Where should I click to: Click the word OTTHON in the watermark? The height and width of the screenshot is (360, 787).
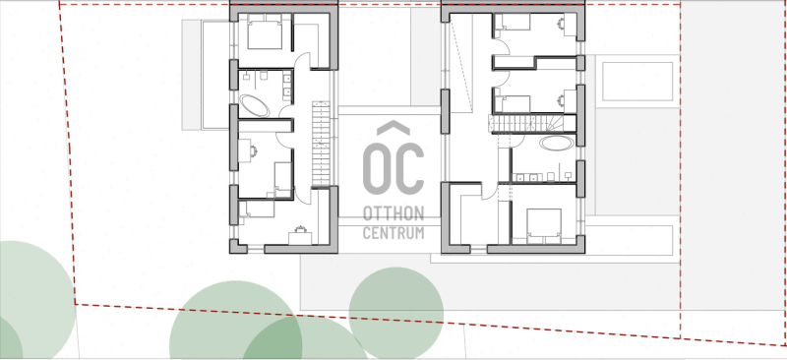pos(393,213)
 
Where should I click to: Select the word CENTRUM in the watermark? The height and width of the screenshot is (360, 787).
pos(393,233)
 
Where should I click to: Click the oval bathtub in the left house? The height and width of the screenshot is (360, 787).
pos(255,106)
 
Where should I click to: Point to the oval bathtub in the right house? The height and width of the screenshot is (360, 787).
pos(557,143)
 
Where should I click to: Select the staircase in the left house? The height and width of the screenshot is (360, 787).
pos(322,145)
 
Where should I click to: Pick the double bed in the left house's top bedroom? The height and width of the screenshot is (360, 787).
pos(265,31)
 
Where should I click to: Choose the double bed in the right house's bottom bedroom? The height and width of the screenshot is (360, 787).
pos(544,226)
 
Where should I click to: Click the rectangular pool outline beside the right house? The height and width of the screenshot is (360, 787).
pos(637,82)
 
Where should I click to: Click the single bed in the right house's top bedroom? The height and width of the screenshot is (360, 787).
pos(513,22)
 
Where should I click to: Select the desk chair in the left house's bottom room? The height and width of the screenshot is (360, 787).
pos(301,229)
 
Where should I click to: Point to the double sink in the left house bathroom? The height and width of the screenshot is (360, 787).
pos(287,84)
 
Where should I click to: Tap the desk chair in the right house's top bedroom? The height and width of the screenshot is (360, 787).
pos(560,23)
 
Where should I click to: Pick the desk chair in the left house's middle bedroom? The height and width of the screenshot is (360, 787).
pos(253,150)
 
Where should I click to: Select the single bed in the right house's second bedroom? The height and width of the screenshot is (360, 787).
pos(513,104)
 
